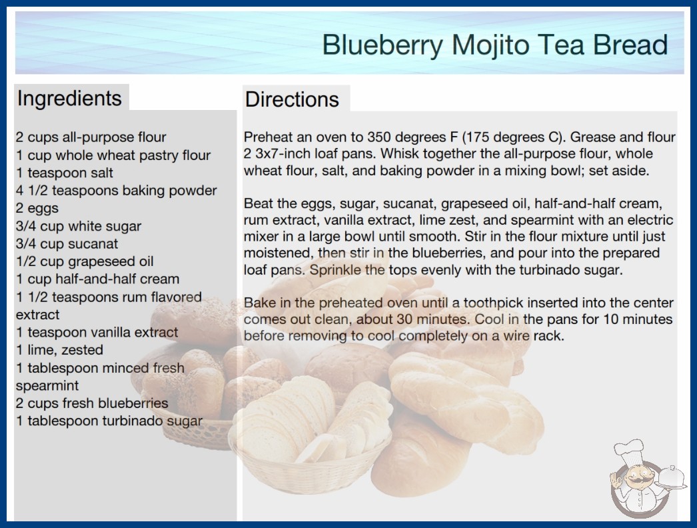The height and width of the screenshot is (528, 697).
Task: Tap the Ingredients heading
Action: tap(69, 98)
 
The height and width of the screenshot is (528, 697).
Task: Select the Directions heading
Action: tap(292, 99)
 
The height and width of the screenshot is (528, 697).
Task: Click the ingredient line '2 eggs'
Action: tap(37, 208)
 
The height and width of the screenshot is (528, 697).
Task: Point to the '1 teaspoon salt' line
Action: tap(65, 173)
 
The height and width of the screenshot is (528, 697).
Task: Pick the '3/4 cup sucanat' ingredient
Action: tap(67, 244)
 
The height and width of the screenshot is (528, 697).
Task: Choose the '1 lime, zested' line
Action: tap(59, 350)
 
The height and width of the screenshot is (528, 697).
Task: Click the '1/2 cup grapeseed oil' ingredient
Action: tap(85, 261)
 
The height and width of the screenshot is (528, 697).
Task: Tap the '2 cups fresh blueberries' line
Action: tap(92, 403)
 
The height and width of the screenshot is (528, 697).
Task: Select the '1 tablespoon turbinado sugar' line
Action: tap(109, 421)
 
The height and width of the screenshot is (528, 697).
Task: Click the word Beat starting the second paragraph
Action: tap(258, 204)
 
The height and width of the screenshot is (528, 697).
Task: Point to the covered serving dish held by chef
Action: tap(672, 478)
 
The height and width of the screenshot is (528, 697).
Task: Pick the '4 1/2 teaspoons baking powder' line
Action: tap(117, 191)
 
